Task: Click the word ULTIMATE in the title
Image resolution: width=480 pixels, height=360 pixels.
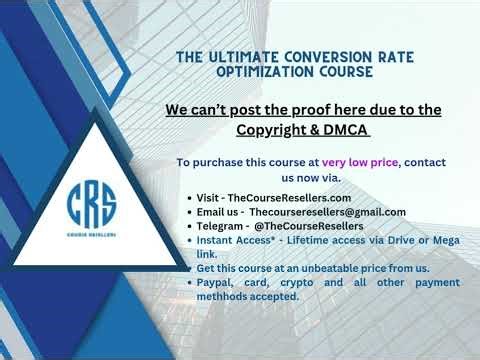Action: click(x=254, y=57)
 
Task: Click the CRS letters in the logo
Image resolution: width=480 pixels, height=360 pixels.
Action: click(x=92, y=204)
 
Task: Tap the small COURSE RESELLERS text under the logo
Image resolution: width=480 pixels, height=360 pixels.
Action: click(x=92, y=236)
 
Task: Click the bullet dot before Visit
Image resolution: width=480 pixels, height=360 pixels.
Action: click(x=190, y=199)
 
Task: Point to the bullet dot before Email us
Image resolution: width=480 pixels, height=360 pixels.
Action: click(x=190, y=213)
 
